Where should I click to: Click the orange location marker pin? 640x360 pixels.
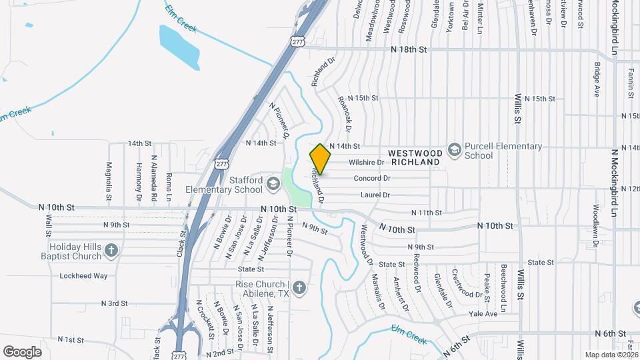pyautogui.click(x=321, y=159)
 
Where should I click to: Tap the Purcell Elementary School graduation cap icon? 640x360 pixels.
pyautogui.click(x=455, y=148)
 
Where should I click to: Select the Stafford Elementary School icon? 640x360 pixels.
pyautogui.click(x=272, y=182)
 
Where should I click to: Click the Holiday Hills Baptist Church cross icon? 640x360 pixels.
pyautogui.click(x=111, y=251)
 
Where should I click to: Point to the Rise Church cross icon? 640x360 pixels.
pyautogui.click(x=300, y=288)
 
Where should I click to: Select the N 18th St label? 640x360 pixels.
pyautogui.click(x=408, y=49)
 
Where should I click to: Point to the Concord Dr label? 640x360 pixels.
pyautogui.click(x=371, y=178)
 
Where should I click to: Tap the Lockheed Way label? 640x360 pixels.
pyautogui.click(x=83, y=275)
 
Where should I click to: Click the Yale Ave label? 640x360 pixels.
pyautogui.click(x=483, y=313)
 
